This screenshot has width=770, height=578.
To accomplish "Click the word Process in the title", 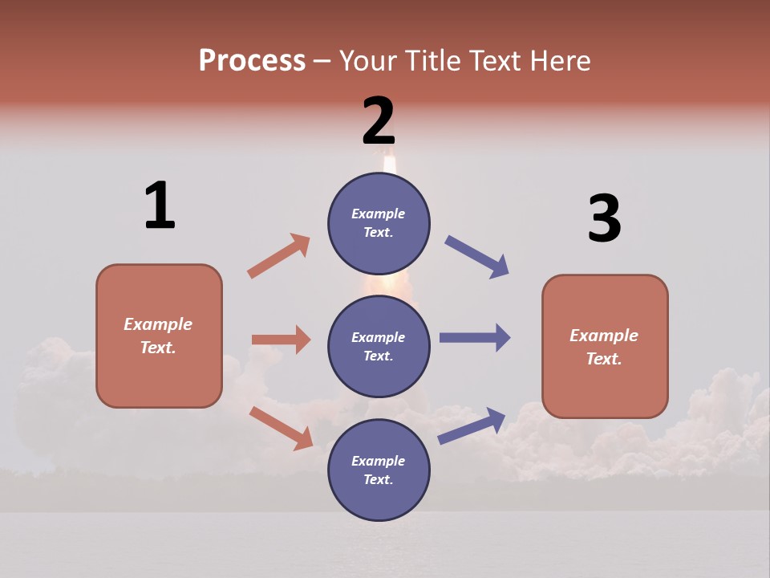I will [x=252, y=61].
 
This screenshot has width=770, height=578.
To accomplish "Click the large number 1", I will [x=160, y=206].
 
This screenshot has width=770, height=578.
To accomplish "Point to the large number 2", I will [x=379, y=121].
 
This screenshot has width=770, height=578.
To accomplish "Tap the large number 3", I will [x=604, y=219].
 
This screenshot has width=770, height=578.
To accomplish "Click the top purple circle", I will [x=379, y=223].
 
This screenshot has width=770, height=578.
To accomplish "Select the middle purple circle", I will [x=379, y=346].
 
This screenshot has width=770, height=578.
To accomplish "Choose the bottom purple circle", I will [x=379, y=470].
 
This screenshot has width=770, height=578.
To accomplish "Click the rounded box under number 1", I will [x=159, y=336].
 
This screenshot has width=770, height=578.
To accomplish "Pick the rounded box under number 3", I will [x=605, y=347].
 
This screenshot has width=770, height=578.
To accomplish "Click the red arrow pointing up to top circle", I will [x=279, y=256].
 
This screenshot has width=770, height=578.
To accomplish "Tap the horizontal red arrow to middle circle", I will [x=281, y=340].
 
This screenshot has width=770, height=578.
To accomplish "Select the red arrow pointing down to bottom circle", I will [x=281, y=428].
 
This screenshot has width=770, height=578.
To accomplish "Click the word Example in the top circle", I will [x=379, y=214].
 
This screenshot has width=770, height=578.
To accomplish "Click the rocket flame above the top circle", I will [x=390, y=165].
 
